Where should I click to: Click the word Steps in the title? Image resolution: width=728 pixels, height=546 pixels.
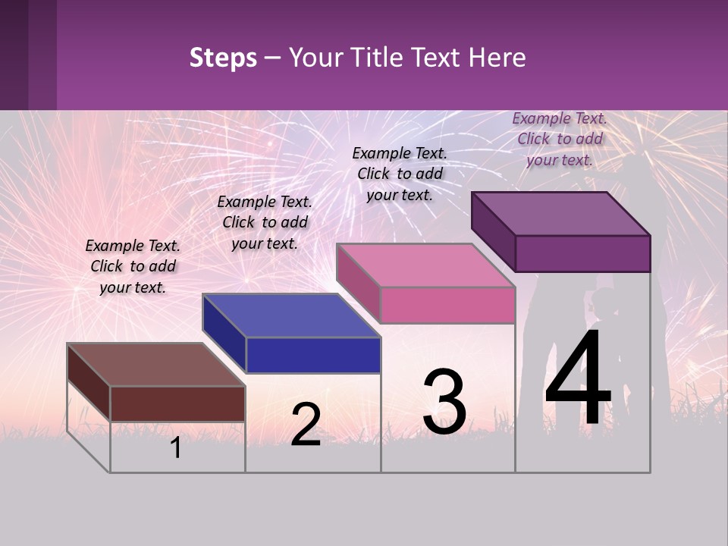223,58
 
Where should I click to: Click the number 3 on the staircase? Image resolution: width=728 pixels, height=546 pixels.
444,402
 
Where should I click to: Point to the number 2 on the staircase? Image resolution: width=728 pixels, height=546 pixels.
306,425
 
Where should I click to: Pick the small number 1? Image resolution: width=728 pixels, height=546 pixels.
176,448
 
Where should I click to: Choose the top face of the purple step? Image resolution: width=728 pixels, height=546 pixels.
561,214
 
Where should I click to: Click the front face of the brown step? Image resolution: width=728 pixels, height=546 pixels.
177,403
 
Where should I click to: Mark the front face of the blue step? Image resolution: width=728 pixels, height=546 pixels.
313,355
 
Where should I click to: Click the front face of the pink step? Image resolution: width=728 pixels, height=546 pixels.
447,306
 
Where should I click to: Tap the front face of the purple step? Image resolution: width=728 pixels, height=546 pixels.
582,253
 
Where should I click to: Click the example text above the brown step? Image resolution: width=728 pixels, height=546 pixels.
133,266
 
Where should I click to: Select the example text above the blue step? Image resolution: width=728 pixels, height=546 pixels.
265,222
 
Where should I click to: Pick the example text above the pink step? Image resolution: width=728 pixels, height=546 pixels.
400,174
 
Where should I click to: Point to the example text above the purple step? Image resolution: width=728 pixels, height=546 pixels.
560,139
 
